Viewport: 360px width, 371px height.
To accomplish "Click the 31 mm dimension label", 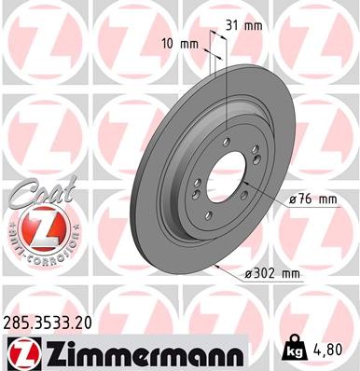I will pyautogui.click(x=246, y=25).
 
